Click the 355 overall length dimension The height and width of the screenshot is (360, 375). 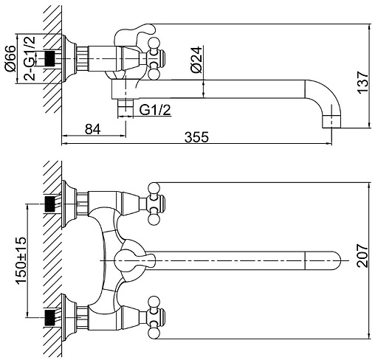click(x=196, y=137)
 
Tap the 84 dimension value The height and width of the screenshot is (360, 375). click(x=93, y=129)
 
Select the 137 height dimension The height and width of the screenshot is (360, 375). click(x=362, y=83)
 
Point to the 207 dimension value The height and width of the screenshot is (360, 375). click(x=362, y=255)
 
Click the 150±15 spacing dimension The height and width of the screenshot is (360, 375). click(x=21, y=260)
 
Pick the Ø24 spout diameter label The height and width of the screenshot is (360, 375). click(x=196, y=60)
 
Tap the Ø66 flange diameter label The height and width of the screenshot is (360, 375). click(x=10, y=58)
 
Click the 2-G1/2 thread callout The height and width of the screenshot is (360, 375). click(x=30, y=58)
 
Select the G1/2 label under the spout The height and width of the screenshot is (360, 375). click(x=155, y=110)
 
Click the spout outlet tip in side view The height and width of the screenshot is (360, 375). click(x=331, y=122)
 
